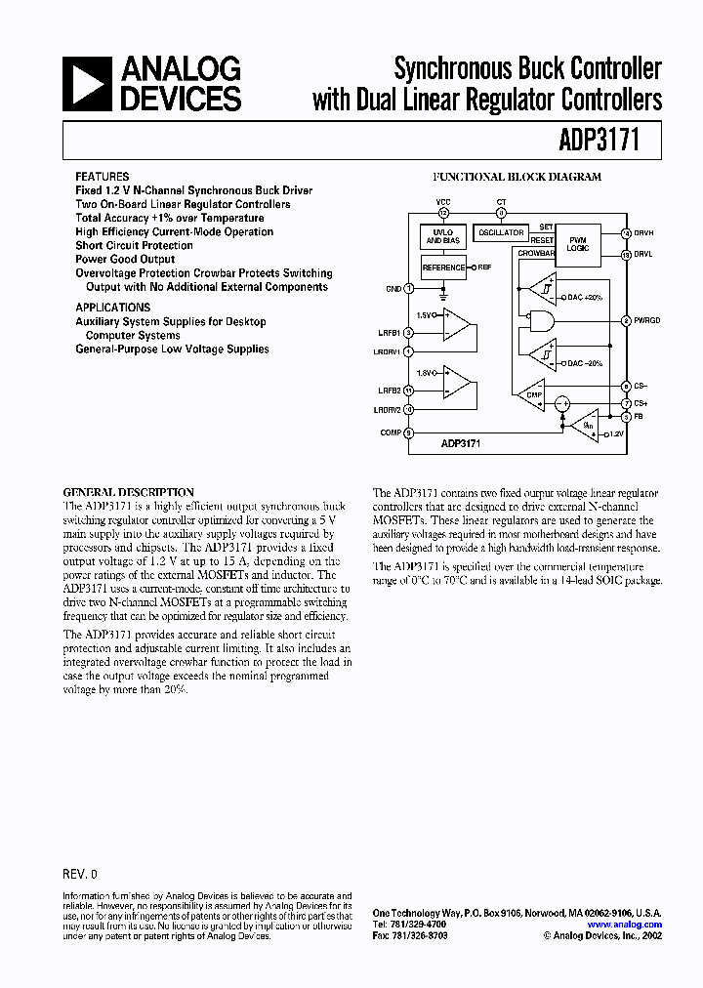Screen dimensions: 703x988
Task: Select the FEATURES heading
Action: tap(102, 177)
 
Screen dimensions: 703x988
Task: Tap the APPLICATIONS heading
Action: tap(113, 308)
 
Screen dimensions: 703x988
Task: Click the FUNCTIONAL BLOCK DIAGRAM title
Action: tap(517, 177)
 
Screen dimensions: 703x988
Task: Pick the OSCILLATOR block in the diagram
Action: tap(501, 232)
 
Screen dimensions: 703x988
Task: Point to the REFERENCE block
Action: tap(443, 267)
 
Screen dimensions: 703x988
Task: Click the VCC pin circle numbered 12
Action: tap(443, 212)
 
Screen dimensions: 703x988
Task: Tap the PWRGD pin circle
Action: tap(626, 320)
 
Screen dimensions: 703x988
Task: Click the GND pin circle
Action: tap(409, 288)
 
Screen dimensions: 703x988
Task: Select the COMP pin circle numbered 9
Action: tap(409, 432)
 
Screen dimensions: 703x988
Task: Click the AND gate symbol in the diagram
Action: tap(538, 320)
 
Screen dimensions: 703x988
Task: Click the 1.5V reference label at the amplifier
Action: tap(426, 315)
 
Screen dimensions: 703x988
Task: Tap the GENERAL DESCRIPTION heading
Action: tap(128, 492)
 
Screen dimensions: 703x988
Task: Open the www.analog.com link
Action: tap(625, 924)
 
